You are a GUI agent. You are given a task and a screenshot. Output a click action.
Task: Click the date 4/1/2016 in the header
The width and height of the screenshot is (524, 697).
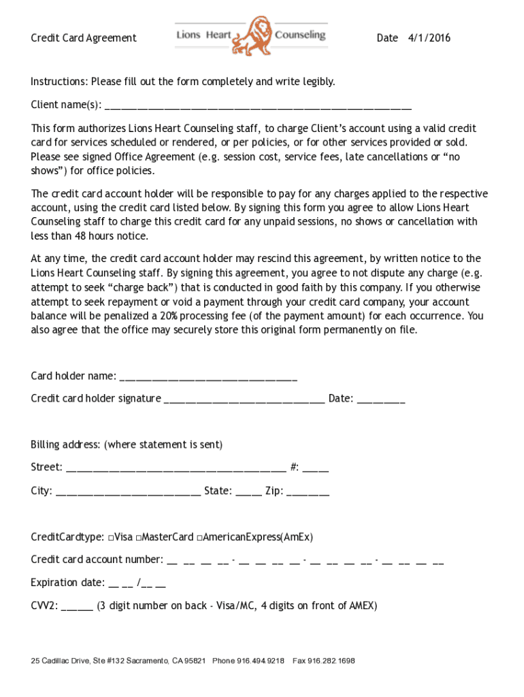(x=429, y=38)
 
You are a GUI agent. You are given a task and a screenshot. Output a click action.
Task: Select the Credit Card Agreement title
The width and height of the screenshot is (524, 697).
(x=84, y=38)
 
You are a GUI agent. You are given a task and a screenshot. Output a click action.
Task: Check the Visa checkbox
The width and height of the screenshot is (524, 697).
(x=110, y=538)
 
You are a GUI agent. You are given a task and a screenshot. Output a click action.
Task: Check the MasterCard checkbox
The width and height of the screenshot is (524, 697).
(x=138, y=538)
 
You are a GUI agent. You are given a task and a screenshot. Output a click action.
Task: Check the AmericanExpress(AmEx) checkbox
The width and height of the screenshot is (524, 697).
(x=199, y=538)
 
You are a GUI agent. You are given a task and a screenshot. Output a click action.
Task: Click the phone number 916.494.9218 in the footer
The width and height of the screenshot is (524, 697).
(x=261, y=661)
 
